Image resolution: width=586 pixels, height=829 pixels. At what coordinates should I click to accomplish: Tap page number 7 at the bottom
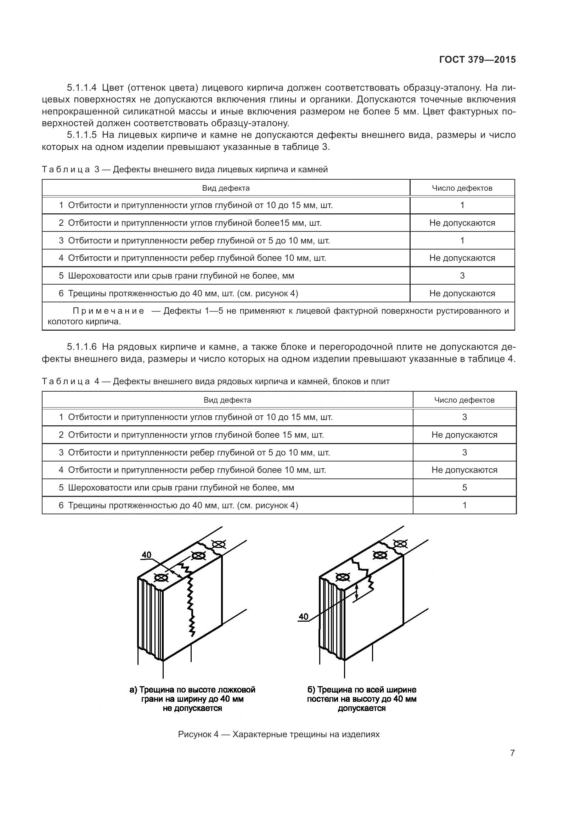coord(512,753)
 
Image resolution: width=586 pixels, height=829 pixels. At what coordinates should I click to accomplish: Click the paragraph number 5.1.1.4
coord(82,88)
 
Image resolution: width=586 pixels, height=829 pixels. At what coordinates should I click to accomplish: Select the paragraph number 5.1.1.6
coord(82,347)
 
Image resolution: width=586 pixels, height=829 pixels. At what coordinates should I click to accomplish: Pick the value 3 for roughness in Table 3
coord(462,276)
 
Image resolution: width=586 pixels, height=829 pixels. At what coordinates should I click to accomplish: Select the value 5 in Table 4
coord(464,488)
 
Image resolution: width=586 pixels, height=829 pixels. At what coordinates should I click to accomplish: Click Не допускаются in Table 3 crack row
coord(462,293)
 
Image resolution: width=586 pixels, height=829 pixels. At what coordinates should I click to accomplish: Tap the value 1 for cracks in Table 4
coord(464,505)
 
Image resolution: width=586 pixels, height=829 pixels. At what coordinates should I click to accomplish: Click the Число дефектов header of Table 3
coord(462,188)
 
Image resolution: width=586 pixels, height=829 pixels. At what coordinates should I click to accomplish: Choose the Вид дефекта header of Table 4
coord(227,400)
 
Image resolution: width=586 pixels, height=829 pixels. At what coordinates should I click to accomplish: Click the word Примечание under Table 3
coord(108,311)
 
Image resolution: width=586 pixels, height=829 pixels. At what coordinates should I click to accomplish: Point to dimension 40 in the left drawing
coord(147,555)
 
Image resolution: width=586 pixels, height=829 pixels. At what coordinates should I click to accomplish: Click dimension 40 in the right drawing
coord(304,617)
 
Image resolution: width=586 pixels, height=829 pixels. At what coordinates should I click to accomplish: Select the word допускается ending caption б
coord(362,708)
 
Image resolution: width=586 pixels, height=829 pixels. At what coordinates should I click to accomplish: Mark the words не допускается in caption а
coord(192,708)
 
